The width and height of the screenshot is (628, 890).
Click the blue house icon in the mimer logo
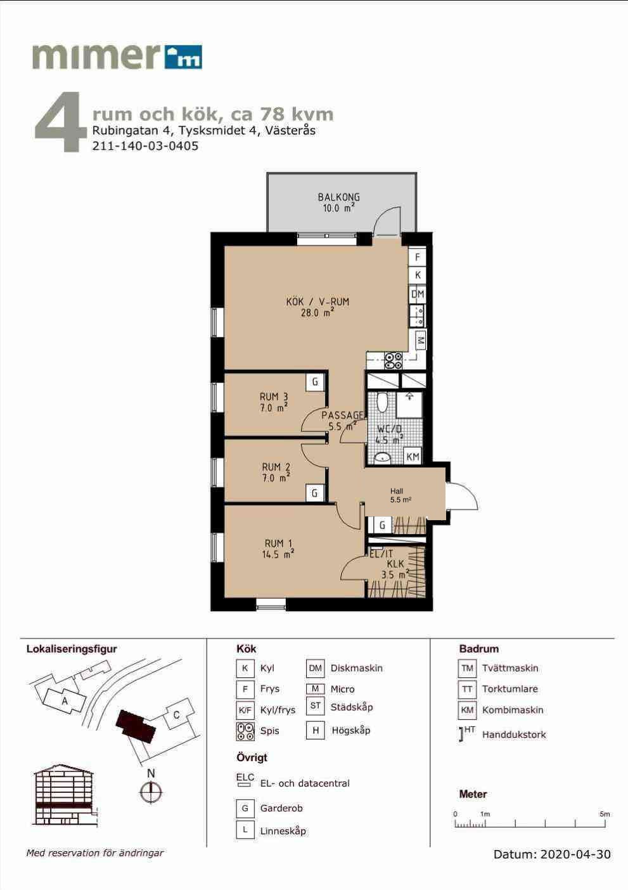pyautogui.click(x=183, y=57)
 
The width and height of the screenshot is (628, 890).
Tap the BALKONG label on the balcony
pyautogui.click(x=338, y=197)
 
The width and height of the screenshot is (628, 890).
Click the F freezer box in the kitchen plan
pyautogui.click(x=417, y=257)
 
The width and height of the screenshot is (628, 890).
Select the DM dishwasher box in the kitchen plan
pyautogui.click(x=417, y=294)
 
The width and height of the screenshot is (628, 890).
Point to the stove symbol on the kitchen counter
pyautogui.click(x=393, y=361)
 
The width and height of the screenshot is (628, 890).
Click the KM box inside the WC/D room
pyautogui.click(x=413, y=457)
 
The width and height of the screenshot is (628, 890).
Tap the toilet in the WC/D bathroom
pyautogui.click(x=382, y=402)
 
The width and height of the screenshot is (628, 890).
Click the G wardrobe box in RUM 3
pyautogui.click(x=315, y=382)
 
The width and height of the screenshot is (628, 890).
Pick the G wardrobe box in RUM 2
pyautogui.click(x=314, y=493)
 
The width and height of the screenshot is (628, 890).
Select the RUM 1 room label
pyautogui.click(x=278, y=543)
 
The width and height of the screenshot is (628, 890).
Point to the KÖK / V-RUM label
pyautogui.click(x=317, y=301)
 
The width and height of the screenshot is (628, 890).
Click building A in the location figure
pyautogui.click(x=63, y=700)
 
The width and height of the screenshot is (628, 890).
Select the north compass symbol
pyautogui.click(x=151, y=792)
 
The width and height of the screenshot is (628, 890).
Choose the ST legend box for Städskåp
pyautogui.click(x=315, y=705)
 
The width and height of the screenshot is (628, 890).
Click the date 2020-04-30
pyautogui.click(x=575, y=854)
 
